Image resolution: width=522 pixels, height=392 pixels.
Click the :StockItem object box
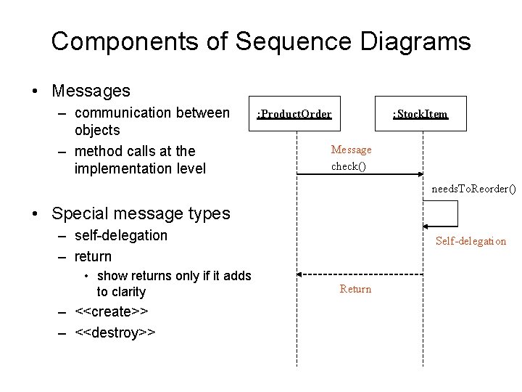(x=421, y=113)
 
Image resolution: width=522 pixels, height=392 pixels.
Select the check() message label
(x=349, y=166)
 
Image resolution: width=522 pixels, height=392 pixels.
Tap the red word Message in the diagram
(x=351, y=150)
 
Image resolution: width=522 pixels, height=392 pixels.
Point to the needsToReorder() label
(x=474, y=189)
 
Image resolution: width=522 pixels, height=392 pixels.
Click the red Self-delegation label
(x=471, y=241)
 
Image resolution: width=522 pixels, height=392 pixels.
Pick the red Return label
(x=355, y=289)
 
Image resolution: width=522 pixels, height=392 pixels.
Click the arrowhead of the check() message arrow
(x=420, y=174)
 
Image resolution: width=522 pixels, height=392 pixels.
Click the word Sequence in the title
(x=273, y=41)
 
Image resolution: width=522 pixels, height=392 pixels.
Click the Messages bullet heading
(x=91, y=91)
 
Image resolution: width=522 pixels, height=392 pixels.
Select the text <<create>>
(x=112, y=311)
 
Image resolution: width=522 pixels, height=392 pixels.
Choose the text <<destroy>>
(x=115, y=332)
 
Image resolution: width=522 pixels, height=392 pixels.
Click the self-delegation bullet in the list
(x=120, y=235)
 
